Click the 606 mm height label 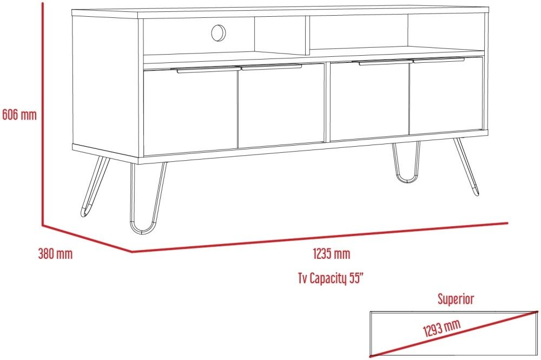click(x=19, y=115)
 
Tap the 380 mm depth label click(x=55, y=254)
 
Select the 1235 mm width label click(x=331, y=254)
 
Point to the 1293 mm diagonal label click(x=442, y=328)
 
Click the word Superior click(x=456, y=299)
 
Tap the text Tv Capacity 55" click(x=331, y=278)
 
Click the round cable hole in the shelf click(x=219, y=33)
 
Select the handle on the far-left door click(x=208, y=70)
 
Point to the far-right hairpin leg click(x=467, y=167)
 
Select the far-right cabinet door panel click(x=446, y=96)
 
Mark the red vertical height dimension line click(x=43, y=114)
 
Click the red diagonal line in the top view click(x=454, y=334)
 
